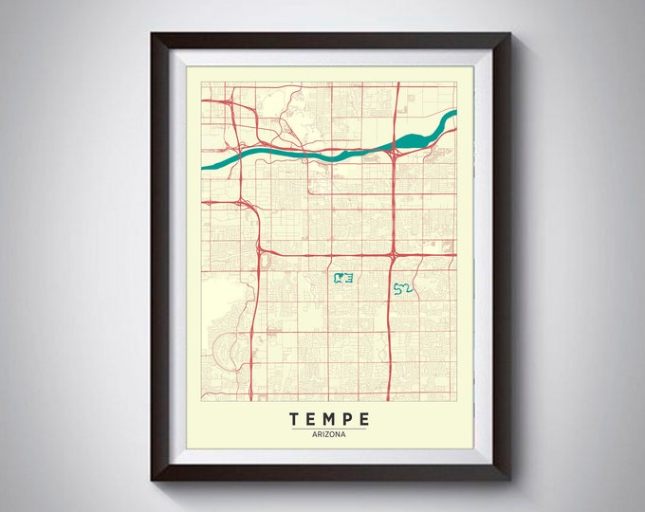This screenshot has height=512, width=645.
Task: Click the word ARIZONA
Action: (325, 434)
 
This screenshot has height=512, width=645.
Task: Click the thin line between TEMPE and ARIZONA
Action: (325, 428)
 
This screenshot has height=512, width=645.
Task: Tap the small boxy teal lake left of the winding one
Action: (342, 278)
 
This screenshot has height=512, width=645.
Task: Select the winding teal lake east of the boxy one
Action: (401, 287)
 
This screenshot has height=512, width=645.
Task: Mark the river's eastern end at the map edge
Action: (454, 115)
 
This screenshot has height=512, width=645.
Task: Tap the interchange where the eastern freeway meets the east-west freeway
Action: (392, 254)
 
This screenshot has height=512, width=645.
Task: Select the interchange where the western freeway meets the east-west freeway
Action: (259, 250)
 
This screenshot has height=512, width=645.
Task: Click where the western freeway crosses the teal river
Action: (237, 152)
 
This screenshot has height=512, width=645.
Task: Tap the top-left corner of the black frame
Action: (152, 33)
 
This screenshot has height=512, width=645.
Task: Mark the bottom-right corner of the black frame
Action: (510, 479)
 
